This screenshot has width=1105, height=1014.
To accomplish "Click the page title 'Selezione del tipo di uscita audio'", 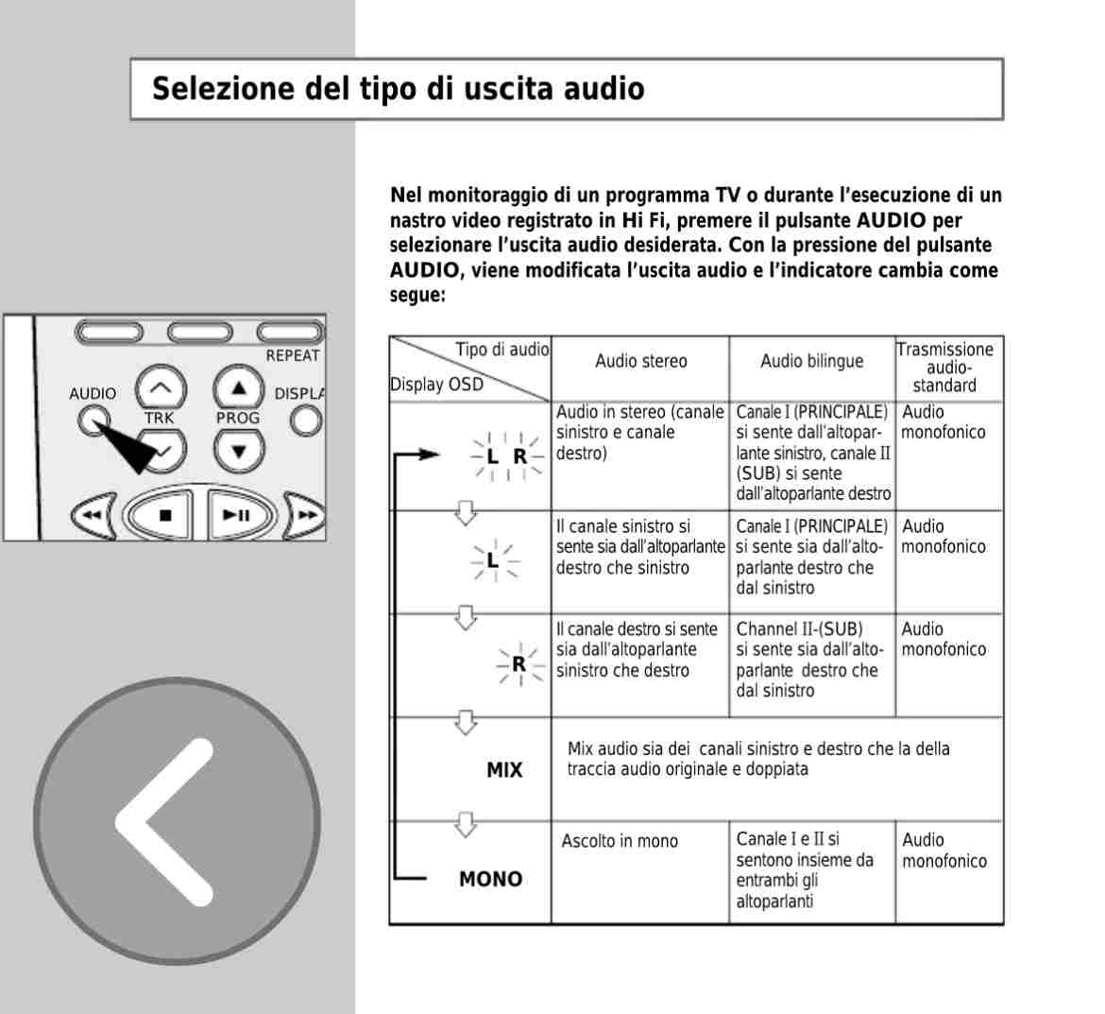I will (x=398, y=89).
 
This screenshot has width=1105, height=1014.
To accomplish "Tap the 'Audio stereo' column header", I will (x=640, y=361).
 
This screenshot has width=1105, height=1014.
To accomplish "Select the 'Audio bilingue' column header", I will (x=811, y=361).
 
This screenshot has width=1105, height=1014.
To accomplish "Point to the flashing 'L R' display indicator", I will (x=506, y=456).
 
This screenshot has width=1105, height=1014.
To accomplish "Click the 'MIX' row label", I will (x=503, y=770).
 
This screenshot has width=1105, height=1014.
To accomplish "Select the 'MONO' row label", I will (x=490, y=880).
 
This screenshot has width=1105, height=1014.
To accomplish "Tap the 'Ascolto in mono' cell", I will (x=620, y=841).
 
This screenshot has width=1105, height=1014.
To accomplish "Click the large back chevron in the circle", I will (x=177, y=821).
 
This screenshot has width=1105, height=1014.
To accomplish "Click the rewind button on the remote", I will (x=92, y=516).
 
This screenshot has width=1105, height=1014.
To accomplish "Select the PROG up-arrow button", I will (x=239, y=387).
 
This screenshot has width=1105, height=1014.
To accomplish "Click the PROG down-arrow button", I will (x=239, y=451).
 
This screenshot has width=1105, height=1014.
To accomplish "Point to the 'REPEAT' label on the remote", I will (x=293, y=356).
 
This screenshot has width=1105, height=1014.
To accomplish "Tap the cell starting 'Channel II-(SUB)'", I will (x=809, y=660).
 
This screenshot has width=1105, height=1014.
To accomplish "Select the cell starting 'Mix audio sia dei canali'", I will (x=757, y=759).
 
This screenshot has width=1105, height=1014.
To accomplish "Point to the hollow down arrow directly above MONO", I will (x=465, y=824).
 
